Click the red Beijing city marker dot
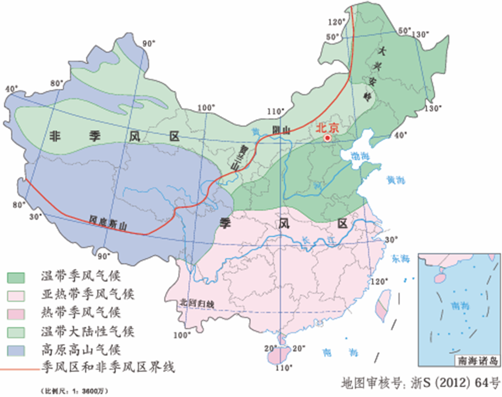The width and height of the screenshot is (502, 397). pyautogui.click(x=327, y=138)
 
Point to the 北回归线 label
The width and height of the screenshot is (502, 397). pyautogui.click(x=196, y=303)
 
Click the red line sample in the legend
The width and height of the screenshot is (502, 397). pyautogui.click(x=22, y=369)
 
